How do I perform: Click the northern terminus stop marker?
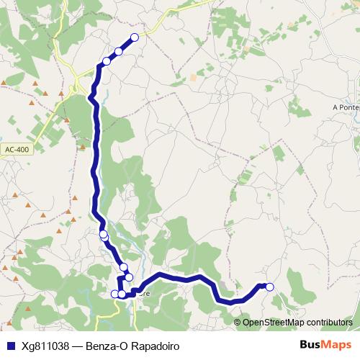[x=134, y=37]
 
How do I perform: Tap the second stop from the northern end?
[x=119, y=51]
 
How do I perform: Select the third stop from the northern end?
[x=107, y=62]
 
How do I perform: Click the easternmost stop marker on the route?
[x=270, y=287]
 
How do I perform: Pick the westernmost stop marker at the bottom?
[x=114, y=293]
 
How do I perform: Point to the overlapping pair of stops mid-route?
[x=104, y=235]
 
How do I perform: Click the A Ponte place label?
[x=346, y=108]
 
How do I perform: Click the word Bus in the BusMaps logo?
[x=310, y=345]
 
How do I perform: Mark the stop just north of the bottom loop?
[x=123, y=268]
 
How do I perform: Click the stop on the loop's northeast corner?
[x=129, y=277]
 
